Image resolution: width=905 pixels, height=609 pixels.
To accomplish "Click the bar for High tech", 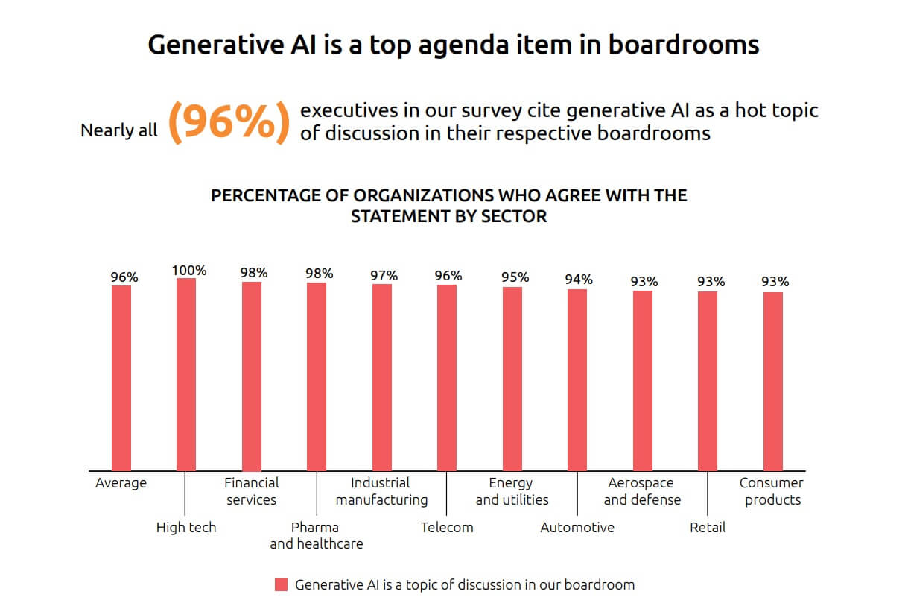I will [186, 374].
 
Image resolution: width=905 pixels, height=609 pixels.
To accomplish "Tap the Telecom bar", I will [447, 377].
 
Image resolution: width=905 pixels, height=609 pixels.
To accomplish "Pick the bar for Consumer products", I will [773, 381].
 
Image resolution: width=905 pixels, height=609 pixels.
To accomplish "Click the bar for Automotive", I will [577, 379].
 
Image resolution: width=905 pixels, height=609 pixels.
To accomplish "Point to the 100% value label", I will [188, 271].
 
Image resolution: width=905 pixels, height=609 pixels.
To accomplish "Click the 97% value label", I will [384, 276].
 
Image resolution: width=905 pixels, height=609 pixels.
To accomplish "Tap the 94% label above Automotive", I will [579, 280].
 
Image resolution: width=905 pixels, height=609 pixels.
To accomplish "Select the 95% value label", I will [515, 277].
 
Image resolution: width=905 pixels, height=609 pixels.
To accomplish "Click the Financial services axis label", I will [252, 491].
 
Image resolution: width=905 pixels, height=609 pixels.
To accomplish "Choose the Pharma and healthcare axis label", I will [316, 535].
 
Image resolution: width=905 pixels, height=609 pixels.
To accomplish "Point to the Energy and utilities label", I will [512, 491].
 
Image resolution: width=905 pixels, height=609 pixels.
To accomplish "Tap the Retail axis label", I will [708, 528].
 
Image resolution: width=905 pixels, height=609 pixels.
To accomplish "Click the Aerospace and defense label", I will [642, 491].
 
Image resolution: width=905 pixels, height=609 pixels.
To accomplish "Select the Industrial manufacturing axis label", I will [381, 491].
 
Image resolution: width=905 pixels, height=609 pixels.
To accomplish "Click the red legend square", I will [281, 585].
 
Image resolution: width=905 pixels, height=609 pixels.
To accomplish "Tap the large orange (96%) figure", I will [228, 122].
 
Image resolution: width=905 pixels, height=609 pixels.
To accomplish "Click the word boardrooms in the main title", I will [683, 45].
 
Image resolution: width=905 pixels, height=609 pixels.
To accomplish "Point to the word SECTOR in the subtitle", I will [513, 217].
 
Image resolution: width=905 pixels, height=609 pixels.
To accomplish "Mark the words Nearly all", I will [119, 130].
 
